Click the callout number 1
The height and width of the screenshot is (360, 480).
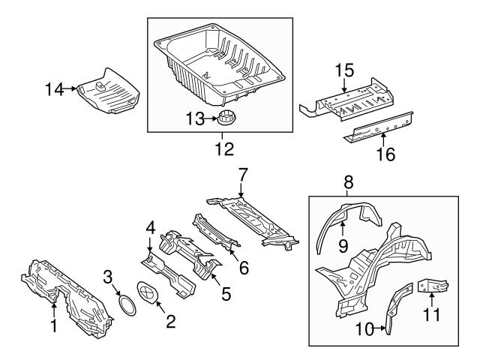52,326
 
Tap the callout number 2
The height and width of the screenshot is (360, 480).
170,322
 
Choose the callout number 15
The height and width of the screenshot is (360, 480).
343,70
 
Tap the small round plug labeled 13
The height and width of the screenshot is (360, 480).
226,118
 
